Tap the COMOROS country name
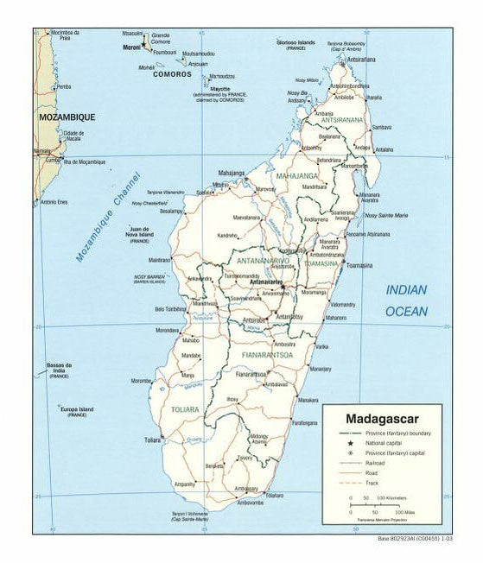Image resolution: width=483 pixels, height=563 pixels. coord(172,74)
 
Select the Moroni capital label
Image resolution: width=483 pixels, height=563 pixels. coord(130,47)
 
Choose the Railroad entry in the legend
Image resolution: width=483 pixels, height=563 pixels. coord(374,463)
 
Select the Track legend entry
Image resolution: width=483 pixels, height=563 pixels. coord(371,483)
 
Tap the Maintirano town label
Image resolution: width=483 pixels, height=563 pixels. coord(160,259)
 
